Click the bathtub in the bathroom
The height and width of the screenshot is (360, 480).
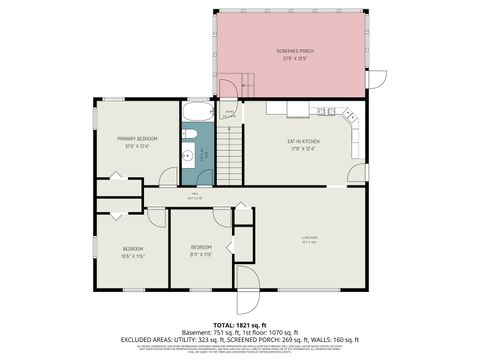[x=196, y=112]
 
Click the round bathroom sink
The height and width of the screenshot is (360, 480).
[x=187, y=155]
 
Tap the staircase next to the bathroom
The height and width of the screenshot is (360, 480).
[x=231, y=155]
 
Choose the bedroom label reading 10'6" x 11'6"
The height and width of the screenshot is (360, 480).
[x=133, y=256]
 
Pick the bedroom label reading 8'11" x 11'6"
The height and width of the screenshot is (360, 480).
[x=202, y=254]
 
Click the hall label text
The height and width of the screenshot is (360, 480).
[x=196, y=196]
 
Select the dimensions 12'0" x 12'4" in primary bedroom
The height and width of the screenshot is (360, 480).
[x=138, y=146]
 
